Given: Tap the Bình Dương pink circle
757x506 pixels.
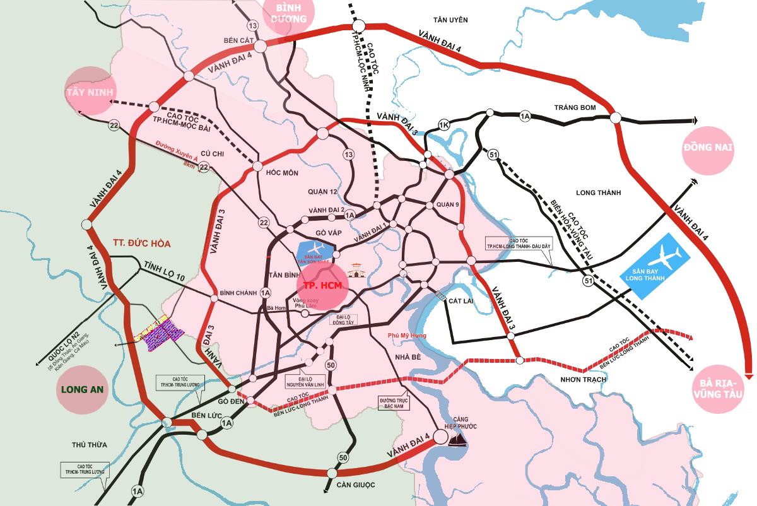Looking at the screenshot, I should tap(290, 14).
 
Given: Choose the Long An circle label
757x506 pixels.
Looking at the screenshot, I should tap(83, 389).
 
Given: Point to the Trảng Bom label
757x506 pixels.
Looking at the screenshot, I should tap(575, 108).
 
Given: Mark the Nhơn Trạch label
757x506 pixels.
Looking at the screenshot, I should tap(583, 379).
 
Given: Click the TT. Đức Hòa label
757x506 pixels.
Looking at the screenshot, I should tap(143, 243).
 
